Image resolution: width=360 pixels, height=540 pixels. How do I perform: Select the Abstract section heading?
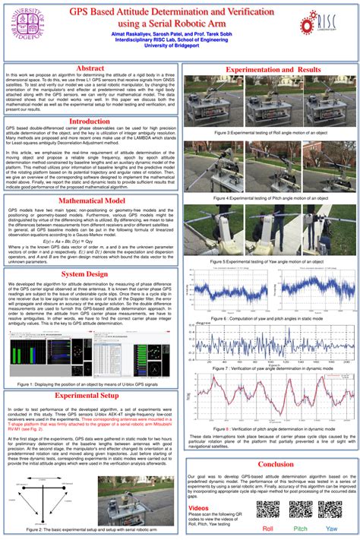(x=90, y=68)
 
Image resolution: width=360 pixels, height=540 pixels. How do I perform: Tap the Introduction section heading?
(x=90, y=121)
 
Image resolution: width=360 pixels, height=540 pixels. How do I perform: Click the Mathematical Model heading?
(x=90, y=201)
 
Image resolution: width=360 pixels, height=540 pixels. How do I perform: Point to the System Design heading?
(x=90, y=273)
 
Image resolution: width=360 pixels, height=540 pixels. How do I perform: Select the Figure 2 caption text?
(x=90, y=529)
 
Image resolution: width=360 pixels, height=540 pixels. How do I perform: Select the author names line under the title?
(x=179, y=35)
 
